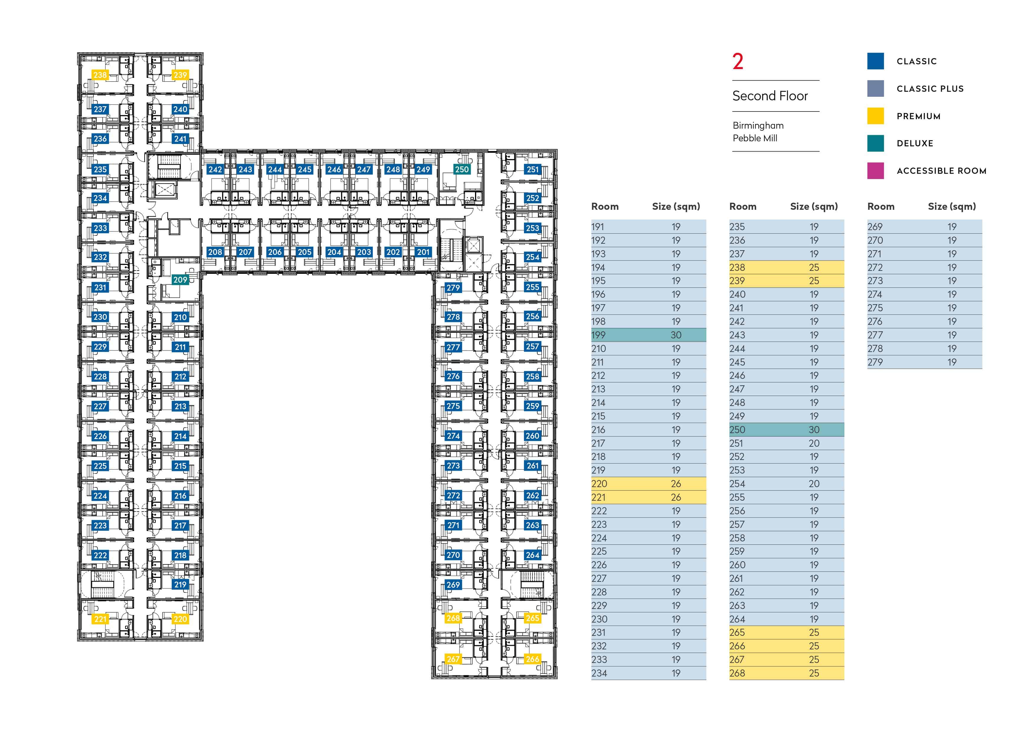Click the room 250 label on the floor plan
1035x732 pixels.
point(462,169)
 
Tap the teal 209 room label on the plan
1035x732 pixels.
point(180,279)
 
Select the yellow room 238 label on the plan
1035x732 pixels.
point(100,75)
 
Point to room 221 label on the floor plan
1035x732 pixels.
point(100,619)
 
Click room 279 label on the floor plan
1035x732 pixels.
point(453,288)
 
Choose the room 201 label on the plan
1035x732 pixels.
point(423,252)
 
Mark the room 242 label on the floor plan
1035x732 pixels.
point(215,169)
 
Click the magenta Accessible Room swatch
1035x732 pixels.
point(875,171)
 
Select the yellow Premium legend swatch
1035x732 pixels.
point(875,116)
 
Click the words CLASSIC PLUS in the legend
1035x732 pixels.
point(930,89)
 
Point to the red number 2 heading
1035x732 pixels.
point(738,61)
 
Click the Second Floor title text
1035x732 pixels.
point(770,96)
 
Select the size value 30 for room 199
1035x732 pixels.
point(676,335)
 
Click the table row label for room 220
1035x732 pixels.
point(599,484)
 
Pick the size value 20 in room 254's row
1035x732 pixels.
point(814,484)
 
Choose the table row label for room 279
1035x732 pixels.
point(875,362)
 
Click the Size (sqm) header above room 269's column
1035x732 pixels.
point(952,207)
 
